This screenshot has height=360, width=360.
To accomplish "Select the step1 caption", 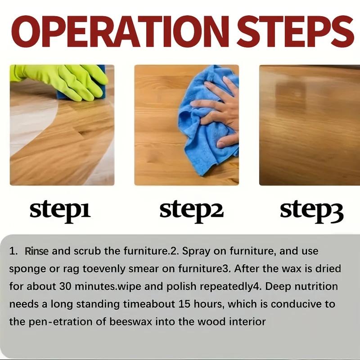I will click(x=60, y=210).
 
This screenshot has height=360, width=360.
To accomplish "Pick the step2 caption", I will click(x=191, y=210).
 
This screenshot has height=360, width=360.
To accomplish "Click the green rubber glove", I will click(x=63, y=80).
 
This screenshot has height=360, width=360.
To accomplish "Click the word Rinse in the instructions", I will click(x=36, y=251).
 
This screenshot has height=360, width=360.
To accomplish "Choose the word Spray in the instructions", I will click(x=193, y=251).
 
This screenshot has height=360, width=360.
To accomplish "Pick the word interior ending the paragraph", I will click(x=249, y=322).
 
